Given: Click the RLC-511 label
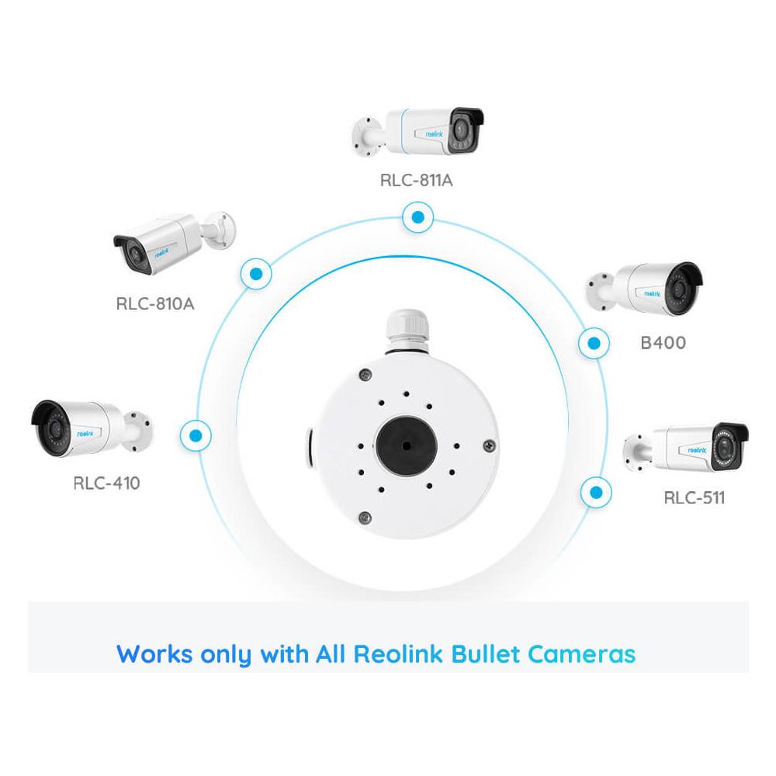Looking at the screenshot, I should point(694,497).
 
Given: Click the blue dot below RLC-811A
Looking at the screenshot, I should point(418,218).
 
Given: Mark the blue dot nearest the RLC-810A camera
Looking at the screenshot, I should point(254,273).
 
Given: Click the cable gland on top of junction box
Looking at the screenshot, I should point(406,331).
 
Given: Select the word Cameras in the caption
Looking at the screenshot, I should point(582,653).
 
